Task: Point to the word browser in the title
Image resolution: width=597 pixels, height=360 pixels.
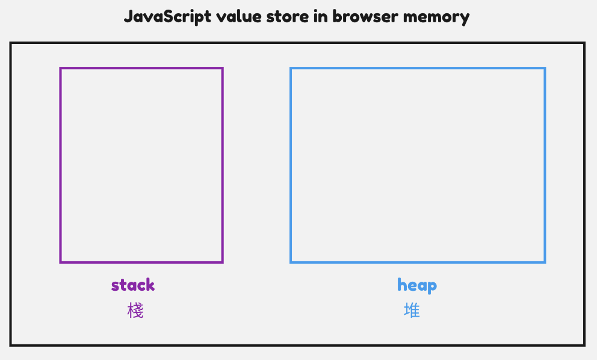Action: tap(360, 16)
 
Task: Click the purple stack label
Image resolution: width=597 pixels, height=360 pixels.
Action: tap(133, 285)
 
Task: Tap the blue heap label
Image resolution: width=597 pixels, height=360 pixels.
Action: tap(417, 285)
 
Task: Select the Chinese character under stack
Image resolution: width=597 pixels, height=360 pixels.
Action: tap(135, 311)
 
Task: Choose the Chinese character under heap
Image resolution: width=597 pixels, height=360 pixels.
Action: tap(412, 311)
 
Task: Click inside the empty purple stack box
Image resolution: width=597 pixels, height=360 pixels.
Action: tap(141, 165)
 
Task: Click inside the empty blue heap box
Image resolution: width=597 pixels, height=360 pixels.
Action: tap(418, 165)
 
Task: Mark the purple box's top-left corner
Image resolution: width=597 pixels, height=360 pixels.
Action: tap(60, 68)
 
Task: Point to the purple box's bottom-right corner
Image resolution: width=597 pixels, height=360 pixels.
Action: tap(223, 262)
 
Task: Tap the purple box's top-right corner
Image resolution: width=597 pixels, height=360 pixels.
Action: tap(223, 68)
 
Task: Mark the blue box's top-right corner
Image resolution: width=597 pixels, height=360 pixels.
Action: tap(545, 68)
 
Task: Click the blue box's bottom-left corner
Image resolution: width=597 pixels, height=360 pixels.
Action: tap(291, 262)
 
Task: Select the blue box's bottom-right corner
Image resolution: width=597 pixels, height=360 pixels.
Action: tap(545, 262)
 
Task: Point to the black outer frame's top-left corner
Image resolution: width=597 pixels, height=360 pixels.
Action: tap(11, 43)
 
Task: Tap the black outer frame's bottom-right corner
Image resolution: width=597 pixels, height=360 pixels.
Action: tap(584, 345)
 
